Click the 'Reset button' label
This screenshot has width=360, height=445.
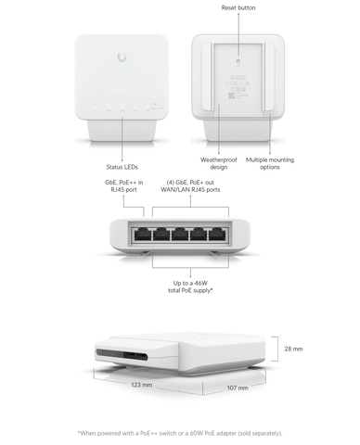point(238,7)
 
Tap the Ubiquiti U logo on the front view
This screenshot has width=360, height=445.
point(122,57)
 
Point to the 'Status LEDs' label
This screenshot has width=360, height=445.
point(122,167)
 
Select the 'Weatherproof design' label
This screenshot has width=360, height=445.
point(218,163)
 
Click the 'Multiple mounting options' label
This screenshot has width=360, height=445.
point(270,163)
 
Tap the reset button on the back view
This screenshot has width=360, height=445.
point(238,61)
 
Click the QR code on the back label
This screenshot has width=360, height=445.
point(231,95)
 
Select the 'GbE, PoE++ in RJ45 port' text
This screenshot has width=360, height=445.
point(123,186)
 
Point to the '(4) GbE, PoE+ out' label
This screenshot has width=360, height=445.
point(190,183)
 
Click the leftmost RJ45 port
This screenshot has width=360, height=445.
point(143,235)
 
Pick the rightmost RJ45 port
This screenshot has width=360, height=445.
point(218,235)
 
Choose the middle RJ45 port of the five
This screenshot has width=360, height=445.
point(180,235)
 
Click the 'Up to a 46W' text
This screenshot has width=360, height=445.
point(190,283)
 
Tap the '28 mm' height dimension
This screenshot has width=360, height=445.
point(293,349)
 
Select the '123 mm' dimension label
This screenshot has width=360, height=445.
point(142,385)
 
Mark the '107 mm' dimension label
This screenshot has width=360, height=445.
point(238,388)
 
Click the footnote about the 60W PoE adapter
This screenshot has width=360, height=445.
point(180,433)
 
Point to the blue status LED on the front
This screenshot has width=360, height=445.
point(96,104)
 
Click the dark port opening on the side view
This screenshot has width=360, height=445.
point(122,355)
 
